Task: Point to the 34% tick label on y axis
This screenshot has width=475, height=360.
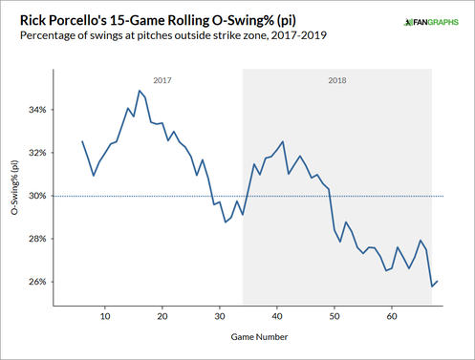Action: (35, 110)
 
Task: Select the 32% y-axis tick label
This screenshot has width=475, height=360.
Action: (35, 153)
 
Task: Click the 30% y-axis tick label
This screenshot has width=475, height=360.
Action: (35, 196)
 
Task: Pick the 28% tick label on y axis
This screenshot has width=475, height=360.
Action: (35, 239)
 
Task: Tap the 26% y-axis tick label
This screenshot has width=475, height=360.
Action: (35, 282)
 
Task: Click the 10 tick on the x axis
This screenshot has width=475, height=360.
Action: (105, 315)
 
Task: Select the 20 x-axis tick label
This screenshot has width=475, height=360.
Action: (162, 315)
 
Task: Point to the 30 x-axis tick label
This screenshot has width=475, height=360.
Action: (220, 315)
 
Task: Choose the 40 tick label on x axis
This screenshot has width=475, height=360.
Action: (277, 315)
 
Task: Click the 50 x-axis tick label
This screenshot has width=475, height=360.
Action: (335, 315)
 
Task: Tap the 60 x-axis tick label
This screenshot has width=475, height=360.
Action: (392, 315)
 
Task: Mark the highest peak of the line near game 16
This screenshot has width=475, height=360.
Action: (140, 91)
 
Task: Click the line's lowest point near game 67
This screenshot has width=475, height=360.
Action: (431, 286)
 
